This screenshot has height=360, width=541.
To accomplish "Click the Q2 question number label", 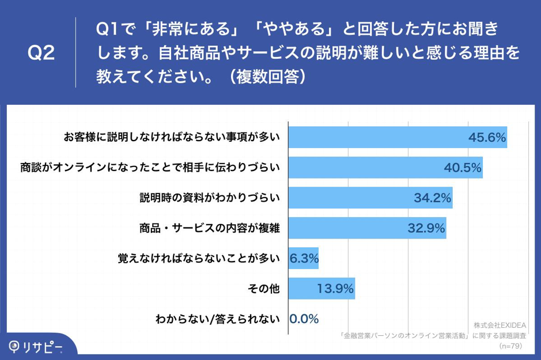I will [41, 54].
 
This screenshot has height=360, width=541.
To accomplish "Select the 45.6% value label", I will [487, 138].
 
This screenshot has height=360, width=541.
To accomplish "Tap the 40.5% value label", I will [463, 168].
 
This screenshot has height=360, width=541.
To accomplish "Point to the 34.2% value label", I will [432, 198].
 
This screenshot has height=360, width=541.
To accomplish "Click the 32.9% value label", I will [426, 228].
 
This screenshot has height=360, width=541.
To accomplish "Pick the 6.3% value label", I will [304, 259].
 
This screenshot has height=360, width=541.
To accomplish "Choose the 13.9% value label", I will [335, 289].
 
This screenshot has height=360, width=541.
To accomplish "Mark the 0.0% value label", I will [304, 319].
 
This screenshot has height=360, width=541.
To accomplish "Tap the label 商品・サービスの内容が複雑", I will [210, 228].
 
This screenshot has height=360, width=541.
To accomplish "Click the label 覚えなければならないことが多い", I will [198, 259].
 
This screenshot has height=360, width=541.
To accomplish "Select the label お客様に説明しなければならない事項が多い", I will [171, 138].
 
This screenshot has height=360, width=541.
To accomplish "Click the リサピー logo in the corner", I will [34, 346].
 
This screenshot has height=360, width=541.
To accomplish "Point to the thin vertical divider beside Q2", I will [75, 53].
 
